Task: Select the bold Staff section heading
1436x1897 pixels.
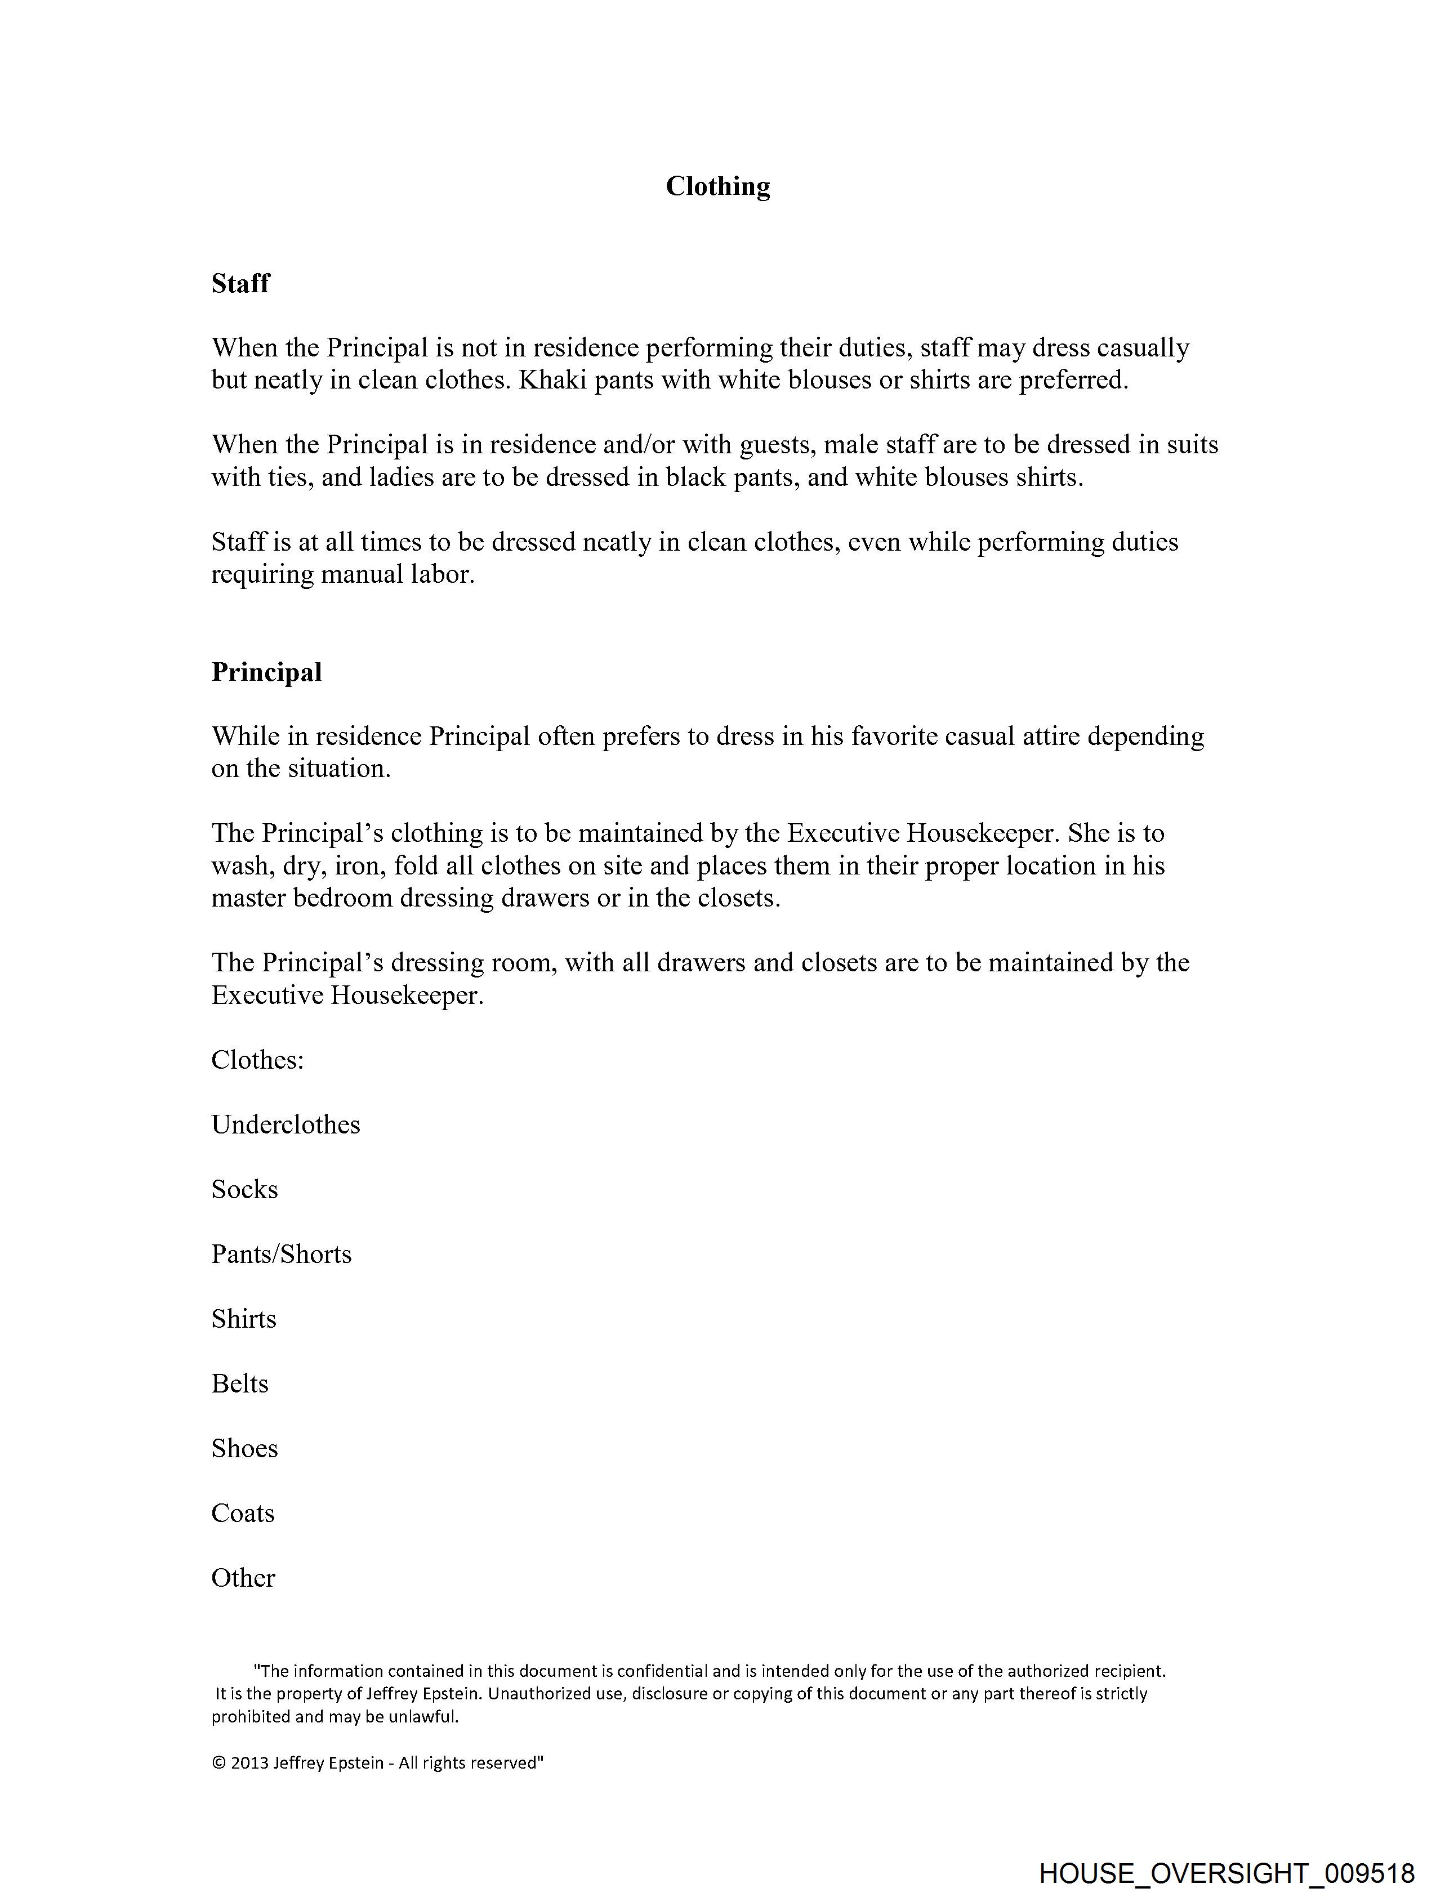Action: [x=240, y=283]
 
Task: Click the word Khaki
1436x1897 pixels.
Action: [x=552, y=380]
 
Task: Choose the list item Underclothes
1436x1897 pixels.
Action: [x=286, y=1124]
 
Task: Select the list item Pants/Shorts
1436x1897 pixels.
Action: [x=282, y=1254]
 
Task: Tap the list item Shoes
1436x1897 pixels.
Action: [x=244, y=1448]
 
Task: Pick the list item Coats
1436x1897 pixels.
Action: [x=243, y=1513]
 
